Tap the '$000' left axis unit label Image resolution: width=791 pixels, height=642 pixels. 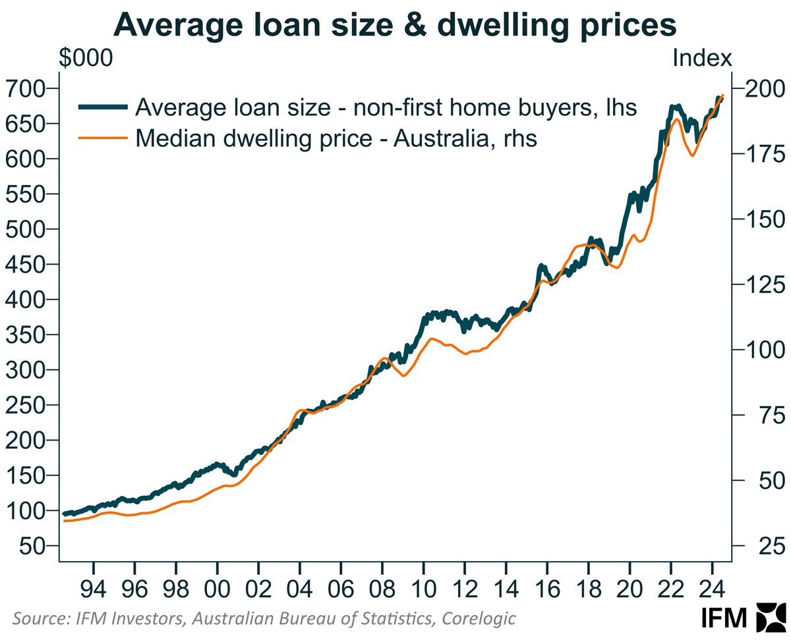coord(85,58)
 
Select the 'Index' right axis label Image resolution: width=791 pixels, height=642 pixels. coord(702,58)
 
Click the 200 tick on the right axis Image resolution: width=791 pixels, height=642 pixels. coord(762,88)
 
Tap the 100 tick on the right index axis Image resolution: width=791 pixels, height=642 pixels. coord(762,350)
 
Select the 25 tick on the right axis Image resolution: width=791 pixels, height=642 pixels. coord(757,546)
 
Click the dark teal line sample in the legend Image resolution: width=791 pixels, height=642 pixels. coord(103,107)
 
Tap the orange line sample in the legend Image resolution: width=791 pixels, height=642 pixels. coord(103,138)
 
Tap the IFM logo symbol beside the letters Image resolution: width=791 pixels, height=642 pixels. coord(768,618)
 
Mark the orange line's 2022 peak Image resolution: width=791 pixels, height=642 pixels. coord(676,119)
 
